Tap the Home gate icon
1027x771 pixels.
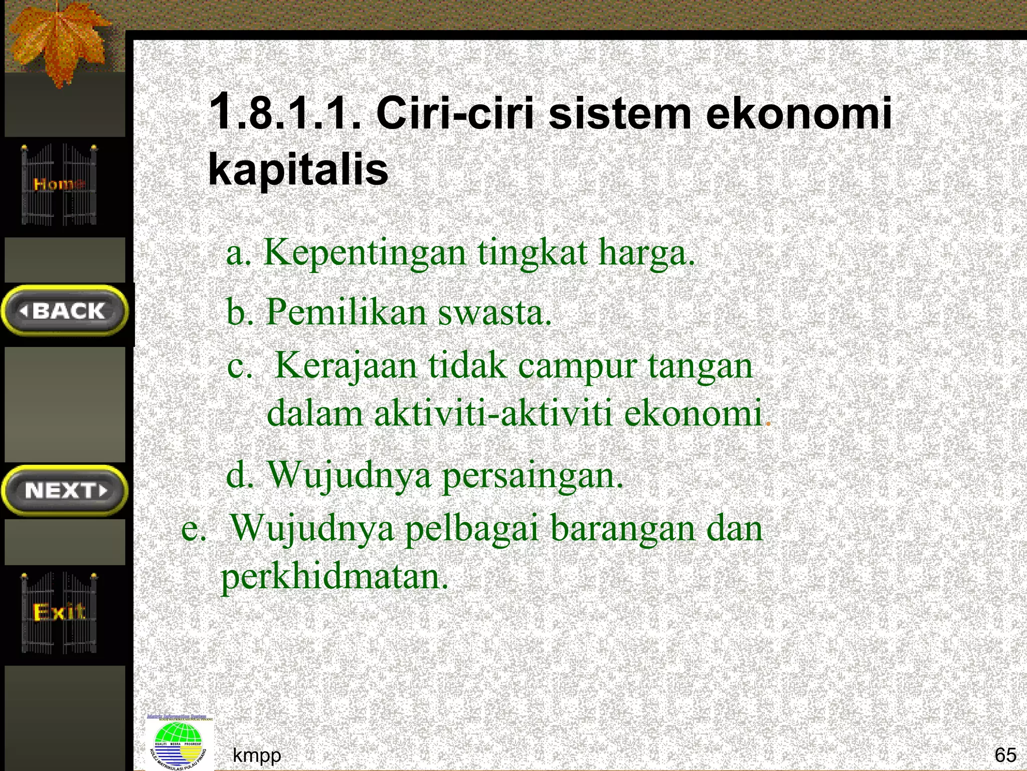click(x=59, y=184)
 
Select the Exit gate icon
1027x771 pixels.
click(x=59, y=612)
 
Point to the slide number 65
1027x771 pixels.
click(x=1005, y=754)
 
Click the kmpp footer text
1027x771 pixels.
click(x=257, y=755)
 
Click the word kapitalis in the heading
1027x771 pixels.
click(x=298, y=169)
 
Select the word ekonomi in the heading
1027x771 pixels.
click(x=798, y=112)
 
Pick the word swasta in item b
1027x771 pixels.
click(x=494, y=312)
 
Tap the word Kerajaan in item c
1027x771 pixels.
click(x=346, y=365)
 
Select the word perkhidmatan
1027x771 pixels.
click(x=334, y=577)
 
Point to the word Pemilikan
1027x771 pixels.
click(x=346, y=312)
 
